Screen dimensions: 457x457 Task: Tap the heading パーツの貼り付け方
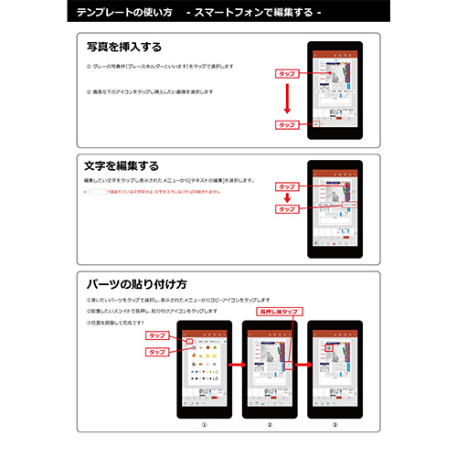136,283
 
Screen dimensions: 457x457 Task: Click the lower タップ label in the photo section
286,124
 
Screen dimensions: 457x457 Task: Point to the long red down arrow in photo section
286,97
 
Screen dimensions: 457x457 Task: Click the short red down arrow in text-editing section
286,197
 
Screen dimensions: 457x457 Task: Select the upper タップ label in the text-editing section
286,185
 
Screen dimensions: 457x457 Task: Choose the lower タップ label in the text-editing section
286,208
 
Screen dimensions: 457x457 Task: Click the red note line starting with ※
165,193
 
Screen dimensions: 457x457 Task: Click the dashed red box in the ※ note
96,193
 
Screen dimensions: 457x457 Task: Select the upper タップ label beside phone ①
157,336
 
